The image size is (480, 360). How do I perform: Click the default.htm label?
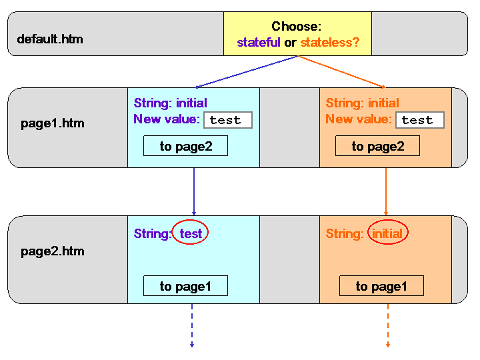pos(50,39)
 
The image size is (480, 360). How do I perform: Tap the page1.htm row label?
pos(53,123)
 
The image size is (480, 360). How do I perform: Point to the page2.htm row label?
pos(53,251)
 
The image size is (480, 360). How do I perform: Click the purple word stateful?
pos(259,42)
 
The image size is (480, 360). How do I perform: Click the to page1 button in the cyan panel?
pos(185,286)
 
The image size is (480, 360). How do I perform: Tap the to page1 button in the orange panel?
pos(381,286)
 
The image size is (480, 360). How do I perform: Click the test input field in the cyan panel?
pos(228,120)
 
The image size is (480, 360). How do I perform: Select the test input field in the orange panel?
pos(420,120)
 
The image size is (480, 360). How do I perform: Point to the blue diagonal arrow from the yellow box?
pos(247,72)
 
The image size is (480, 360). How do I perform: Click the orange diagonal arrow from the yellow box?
pos(342,72)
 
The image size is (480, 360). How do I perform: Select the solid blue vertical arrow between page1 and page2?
pos(194,191)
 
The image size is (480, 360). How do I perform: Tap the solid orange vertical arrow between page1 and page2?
pos(386,191)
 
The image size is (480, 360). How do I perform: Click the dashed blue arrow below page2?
pos(192,326)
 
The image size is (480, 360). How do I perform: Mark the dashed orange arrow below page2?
pos(388,326)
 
